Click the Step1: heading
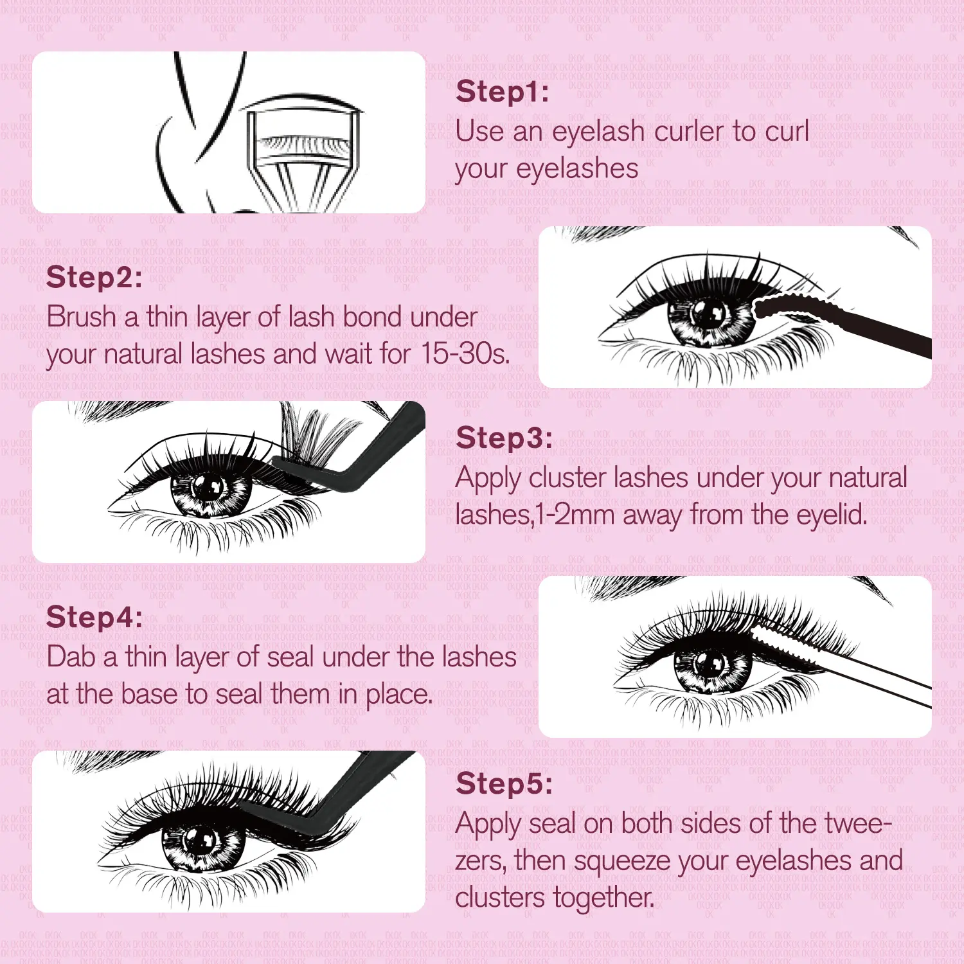(503, 92)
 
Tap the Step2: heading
(94, 278)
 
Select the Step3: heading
(504, 438)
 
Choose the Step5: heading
(504, 784)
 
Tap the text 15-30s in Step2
(465, 354)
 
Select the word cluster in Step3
(567, 478)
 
